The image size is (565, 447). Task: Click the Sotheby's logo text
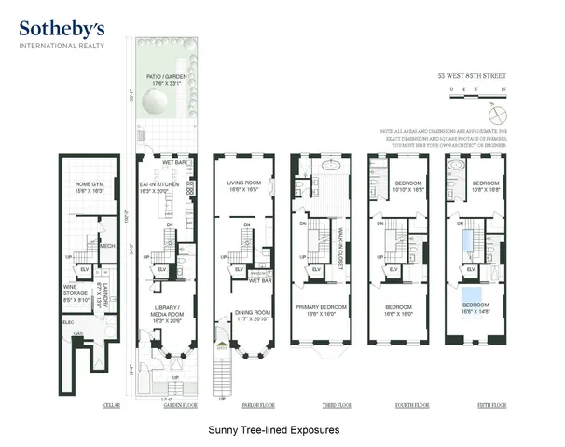[62, 28]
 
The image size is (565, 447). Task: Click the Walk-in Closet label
[341, 244]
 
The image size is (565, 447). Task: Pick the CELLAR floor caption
[116, 406]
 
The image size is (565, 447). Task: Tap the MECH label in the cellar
[107, 246]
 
